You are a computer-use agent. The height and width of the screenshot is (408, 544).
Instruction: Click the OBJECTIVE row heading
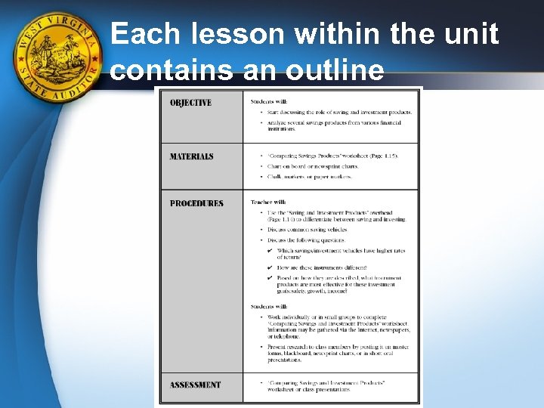pos(190,103)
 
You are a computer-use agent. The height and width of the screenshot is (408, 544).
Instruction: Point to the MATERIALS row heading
pos(191,156)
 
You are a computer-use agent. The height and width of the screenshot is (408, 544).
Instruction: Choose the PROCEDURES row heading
pos(196,203)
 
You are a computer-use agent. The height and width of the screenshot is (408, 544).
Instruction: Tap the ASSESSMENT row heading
pos(195,385)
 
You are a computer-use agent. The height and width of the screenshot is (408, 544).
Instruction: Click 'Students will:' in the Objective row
pos(269,101)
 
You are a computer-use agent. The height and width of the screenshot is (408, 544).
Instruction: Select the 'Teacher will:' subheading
pos(268,202)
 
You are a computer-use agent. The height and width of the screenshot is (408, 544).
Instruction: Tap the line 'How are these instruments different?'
pos(322,267)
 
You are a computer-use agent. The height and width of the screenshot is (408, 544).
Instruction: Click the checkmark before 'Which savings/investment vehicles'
pos(270,250)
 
